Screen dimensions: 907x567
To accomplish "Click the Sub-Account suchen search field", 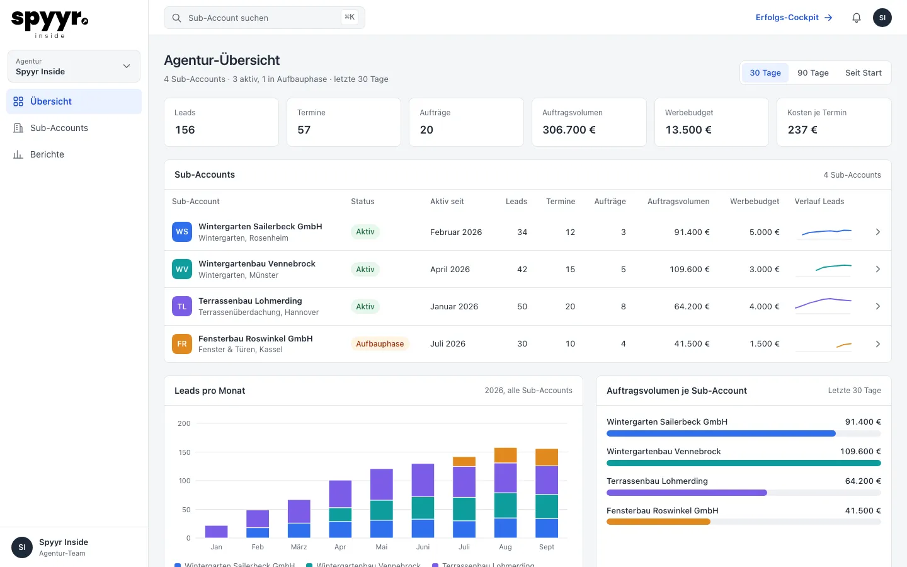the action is pyautogui.click(x=264, y=18).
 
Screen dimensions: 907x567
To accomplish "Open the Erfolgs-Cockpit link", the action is pyautogui.click(x=794, y=18).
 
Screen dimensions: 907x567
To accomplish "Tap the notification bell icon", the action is pyautogui.click(x=857, y=18).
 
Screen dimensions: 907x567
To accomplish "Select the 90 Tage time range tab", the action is pyautogui.click(x=813, y=73).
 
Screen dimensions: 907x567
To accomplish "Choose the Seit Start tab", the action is pyautogui.click(x=863, y=73).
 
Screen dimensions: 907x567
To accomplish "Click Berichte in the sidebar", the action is pyautogui.click(x=47, y=154).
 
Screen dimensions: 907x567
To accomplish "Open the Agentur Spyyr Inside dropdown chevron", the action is pyautogui.click(x=127, y=66).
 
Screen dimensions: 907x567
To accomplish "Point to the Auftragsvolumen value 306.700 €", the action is pyautogui.click(x=569, y=130).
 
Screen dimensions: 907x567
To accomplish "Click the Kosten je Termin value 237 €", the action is pyautogui.click(x=802, y=130).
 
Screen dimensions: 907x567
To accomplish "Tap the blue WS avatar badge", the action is pyautogui.click(x=182, y=232).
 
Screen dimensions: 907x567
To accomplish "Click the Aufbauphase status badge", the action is pyautogui.click(x=380, y=344).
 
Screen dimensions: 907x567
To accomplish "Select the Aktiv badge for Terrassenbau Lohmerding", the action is pyautogui.click(x=365, y=307).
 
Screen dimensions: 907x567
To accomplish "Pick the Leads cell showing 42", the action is pyautogui.click(x=522, y=270).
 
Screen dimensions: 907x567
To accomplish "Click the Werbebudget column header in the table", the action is pyautogui.click(x=755, y=202).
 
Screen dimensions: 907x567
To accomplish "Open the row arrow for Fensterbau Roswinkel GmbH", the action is pyautogui.click(x=877, y=344).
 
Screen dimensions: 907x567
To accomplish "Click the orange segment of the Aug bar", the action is pyautogui.click(x=505, y=455).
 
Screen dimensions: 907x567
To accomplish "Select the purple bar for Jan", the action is pyautogui.click(x=216, y=531).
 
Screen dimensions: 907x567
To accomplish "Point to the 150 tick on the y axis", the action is pyautogui.click(x=184, y=452).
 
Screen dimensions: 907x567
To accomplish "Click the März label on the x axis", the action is pyautogui.click(x=299, y=547).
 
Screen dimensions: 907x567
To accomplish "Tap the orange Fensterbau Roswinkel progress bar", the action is pyautogui.click(x=658, y=522).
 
